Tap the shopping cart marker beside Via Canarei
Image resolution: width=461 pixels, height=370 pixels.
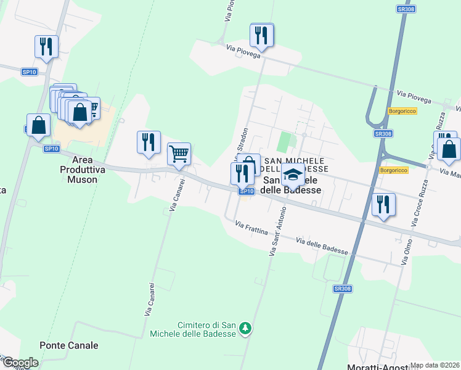(179, 154)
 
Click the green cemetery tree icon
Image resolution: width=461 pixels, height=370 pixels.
(246, 327)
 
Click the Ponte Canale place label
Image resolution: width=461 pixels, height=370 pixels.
(69, 345)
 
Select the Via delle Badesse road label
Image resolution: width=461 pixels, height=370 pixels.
(322, 246)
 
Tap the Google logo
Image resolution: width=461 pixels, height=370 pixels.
(20, 363)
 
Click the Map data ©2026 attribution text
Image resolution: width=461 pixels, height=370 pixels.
(434, 365)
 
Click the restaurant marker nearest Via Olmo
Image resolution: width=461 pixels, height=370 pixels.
(383, 205)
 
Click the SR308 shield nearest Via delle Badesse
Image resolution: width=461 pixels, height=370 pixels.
(342, 289)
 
